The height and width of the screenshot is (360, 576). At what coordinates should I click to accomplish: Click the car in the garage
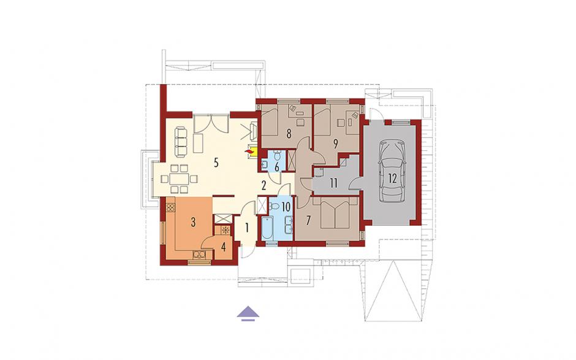click(392, 170)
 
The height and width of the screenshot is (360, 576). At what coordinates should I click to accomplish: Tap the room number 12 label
click(392, 178)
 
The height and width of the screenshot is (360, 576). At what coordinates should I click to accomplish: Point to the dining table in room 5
click(180, 179)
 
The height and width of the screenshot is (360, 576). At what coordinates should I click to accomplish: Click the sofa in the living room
click(180, 141)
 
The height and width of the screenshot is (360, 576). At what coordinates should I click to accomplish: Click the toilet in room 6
click(277, 156)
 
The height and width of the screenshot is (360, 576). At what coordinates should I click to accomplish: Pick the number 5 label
click(216, 163)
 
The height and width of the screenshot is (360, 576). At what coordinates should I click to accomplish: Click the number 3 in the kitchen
click(193, 222)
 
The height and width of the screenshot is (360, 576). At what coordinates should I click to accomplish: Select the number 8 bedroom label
click(289, 134)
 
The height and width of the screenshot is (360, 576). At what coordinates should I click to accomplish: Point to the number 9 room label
click(335, 144)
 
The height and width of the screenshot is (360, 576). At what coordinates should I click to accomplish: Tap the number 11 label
click(333, 183)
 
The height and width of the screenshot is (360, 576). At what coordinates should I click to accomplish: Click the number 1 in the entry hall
click(247, 228)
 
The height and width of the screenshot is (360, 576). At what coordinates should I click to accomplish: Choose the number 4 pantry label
click(223, 247)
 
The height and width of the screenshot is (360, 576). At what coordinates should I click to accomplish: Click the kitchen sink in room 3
click(199, 255)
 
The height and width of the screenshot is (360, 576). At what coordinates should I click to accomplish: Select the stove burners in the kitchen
click(170, 207)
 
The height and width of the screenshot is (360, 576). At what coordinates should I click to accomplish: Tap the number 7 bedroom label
click(308, 220)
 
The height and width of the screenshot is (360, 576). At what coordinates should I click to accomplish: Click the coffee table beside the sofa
click(198, 144)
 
